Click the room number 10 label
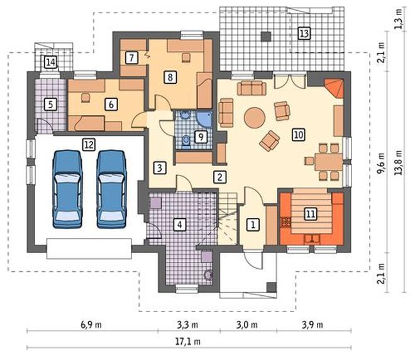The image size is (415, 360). coord(299,135)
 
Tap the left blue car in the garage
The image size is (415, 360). coord(67,189)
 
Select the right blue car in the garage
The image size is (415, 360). coord(111,189)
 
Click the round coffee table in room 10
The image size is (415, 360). coord(255,118)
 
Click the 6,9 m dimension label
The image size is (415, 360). coord(91,325)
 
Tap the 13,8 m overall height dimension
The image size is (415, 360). coord(399,162)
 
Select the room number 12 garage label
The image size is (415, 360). coord(89,145)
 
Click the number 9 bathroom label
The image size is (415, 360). coord(201,137)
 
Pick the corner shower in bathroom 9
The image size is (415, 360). coord(205,119)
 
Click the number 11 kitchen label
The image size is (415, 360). coord(311,213)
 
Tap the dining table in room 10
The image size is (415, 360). coord(328,162)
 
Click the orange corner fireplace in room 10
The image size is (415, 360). coord(335,88)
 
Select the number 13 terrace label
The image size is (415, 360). coord(304,33)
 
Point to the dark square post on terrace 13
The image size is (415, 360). coord(266,37)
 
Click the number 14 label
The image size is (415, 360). coord(50,62)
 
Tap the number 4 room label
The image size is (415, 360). coord(180,225)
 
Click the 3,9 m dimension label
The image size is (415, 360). coord(313,325)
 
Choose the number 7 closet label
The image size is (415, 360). coord(131,58)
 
